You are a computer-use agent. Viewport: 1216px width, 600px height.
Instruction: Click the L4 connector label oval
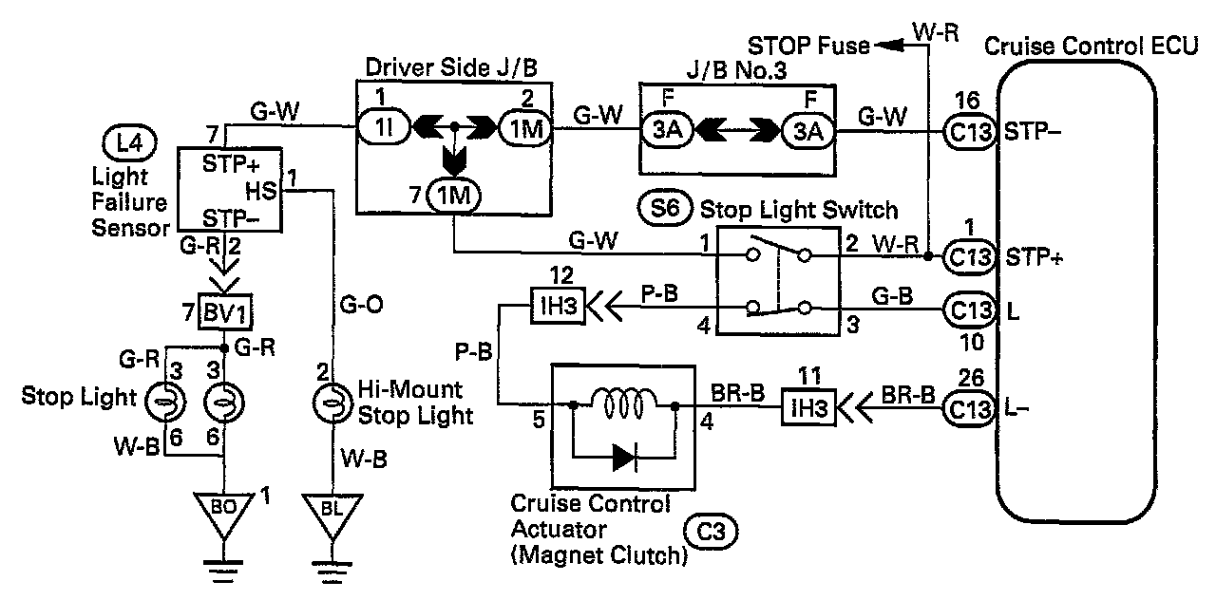(x=129, y=143)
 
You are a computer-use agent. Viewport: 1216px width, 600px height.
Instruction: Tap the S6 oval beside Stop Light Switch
(x=665, y=208)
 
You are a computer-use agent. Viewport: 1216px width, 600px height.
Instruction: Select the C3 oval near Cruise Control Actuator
(x=711, y=532)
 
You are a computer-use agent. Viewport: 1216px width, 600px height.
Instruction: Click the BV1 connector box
(x=225, y=312)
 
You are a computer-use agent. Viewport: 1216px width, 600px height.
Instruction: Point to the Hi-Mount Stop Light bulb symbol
(x=332, y=403)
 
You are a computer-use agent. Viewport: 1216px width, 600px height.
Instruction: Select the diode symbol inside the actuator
(x=624, y=458)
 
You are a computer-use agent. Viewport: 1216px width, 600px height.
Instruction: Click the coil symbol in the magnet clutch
(x=623, y=403)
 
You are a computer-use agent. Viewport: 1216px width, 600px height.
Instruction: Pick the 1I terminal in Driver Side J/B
(x=385, y=128)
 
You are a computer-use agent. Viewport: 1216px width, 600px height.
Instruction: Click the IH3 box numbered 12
(x=558, y=307)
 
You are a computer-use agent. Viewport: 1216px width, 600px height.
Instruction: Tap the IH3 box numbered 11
(x=808, y=407)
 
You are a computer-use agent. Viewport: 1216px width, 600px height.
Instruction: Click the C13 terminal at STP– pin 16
(x=970, y=131)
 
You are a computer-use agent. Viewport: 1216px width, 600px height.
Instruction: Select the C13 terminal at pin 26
(x=970, y=408)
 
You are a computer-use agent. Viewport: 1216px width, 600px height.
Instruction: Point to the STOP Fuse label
(x=808, y=46)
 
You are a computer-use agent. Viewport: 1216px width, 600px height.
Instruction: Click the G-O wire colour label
(x=361, y=305)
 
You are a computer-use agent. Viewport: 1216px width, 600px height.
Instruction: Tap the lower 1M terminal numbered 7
(x=454, y=196)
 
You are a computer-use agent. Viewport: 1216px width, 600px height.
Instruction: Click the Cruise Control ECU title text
(x=1091, y=47)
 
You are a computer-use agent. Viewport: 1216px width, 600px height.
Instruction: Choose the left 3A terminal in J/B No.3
(x=667, y=131)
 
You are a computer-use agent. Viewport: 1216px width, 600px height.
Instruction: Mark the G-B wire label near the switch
(x=892, y=296)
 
